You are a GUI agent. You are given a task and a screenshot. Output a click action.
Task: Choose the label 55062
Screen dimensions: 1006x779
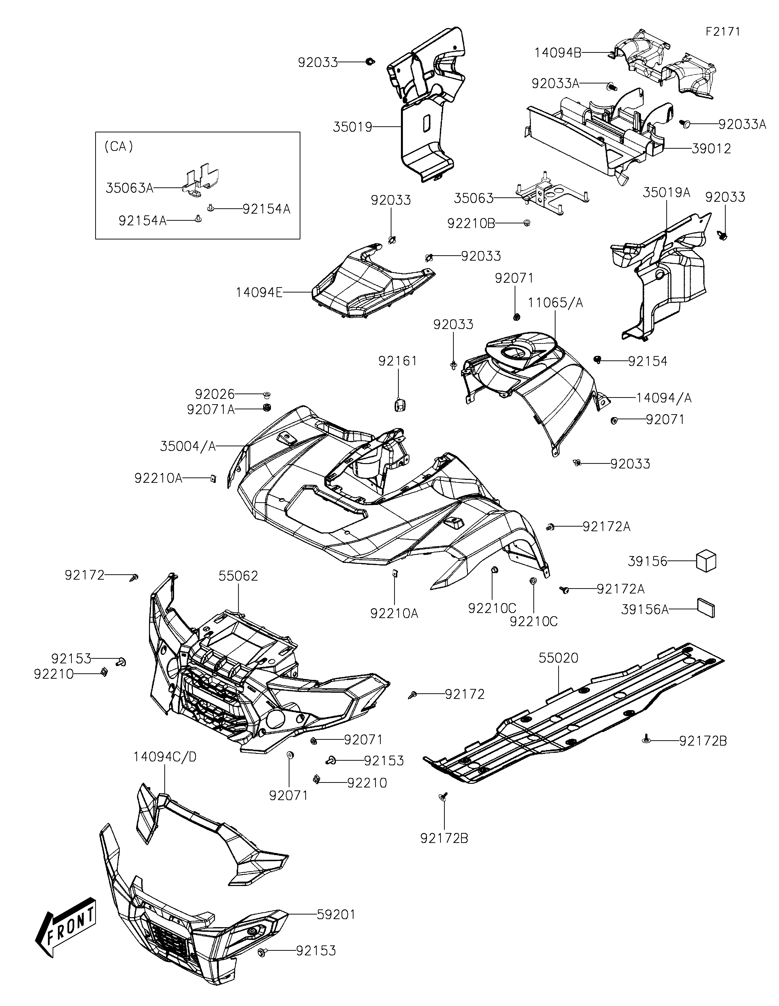click(238, 576)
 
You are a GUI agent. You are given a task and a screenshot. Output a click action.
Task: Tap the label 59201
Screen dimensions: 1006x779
click(336, 915)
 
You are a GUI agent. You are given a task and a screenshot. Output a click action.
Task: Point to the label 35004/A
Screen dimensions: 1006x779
click(188, 446)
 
